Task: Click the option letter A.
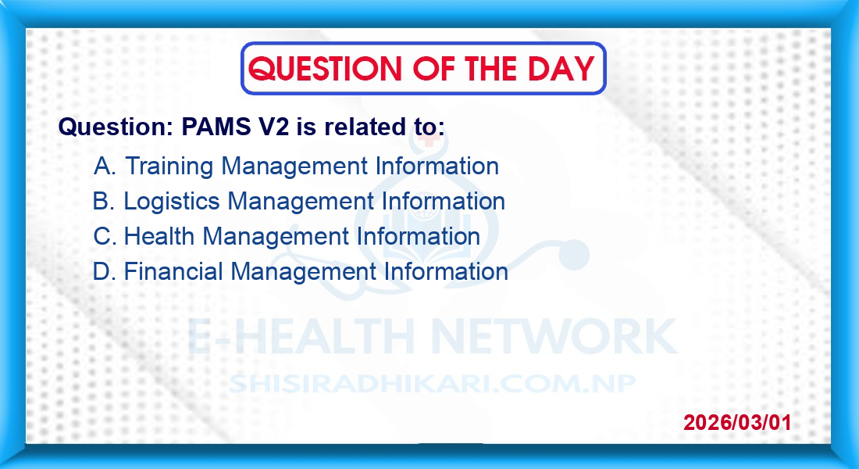coord(104,166)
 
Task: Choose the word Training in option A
coord(169,166)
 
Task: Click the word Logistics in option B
coord(172,202)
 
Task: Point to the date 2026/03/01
coord(737,422)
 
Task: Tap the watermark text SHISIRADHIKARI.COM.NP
coord(433,384)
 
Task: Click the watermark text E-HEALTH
coord(301,336)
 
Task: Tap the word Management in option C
coord(276,237)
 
